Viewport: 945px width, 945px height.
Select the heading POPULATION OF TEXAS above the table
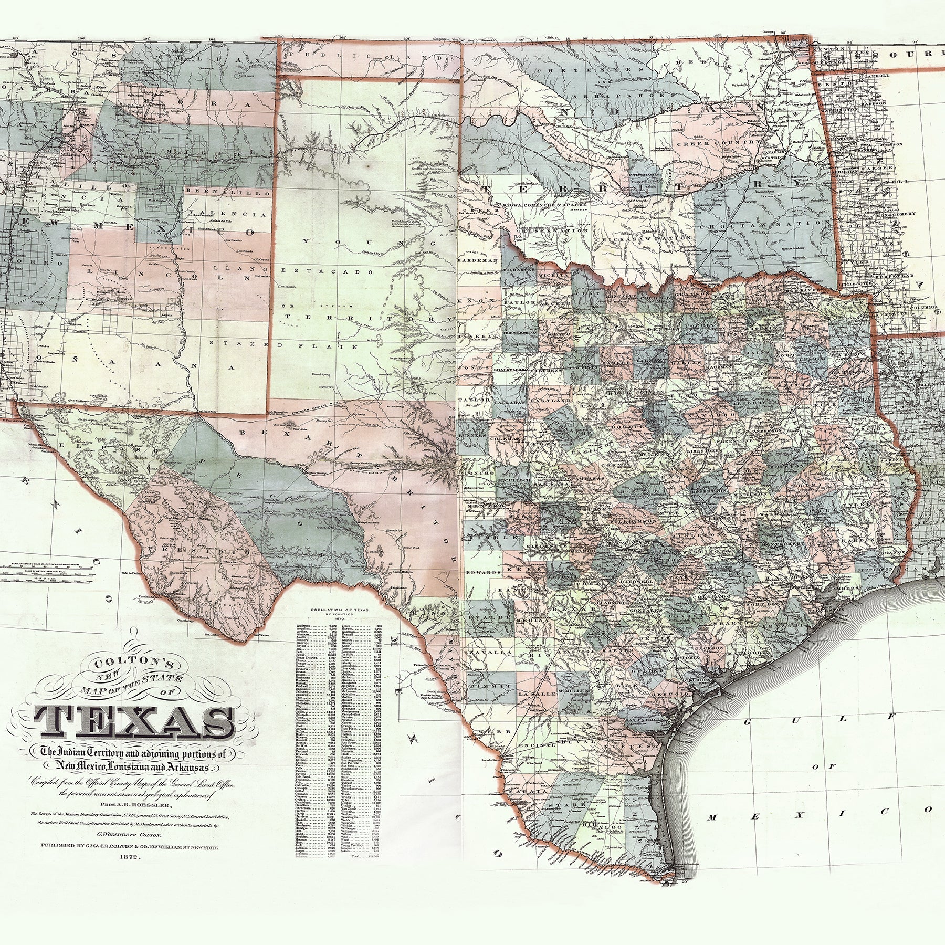340,610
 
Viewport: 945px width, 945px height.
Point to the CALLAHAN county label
508,401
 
